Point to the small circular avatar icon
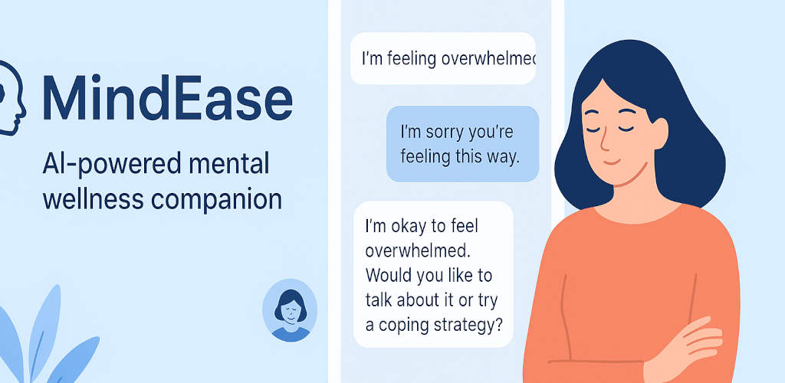pos(290,310)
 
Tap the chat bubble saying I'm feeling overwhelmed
pos(443,58)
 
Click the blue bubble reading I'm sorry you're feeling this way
pos(462,143)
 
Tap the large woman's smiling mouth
pos(612,162)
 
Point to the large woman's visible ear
pos(659,132)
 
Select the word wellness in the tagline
pos(93,200)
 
